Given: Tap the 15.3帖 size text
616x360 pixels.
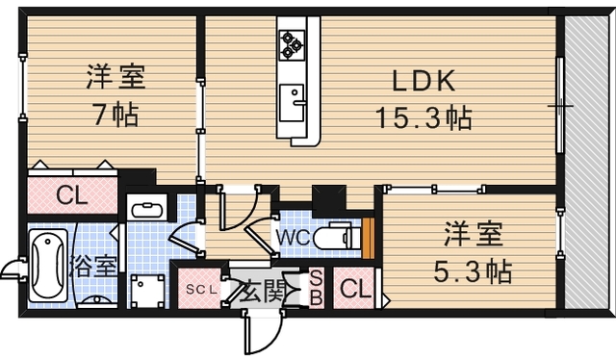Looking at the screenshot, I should click(423, 119).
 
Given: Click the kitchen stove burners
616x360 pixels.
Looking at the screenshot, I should click(292, 41).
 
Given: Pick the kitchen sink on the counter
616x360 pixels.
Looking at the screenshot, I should click(293, 95).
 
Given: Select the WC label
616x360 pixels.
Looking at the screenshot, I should click(293, 234).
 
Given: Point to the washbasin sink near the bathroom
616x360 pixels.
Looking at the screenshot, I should click(147, 208).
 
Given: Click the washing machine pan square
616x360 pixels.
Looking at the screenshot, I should click(147, 289).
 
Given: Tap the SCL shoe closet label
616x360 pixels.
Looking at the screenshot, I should click(200, 288).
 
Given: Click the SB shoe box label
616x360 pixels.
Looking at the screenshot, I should click(316, 288).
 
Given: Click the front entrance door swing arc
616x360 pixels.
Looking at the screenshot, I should click(260, 332).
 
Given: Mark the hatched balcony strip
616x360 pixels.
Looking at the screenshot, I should click(587, 164).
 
